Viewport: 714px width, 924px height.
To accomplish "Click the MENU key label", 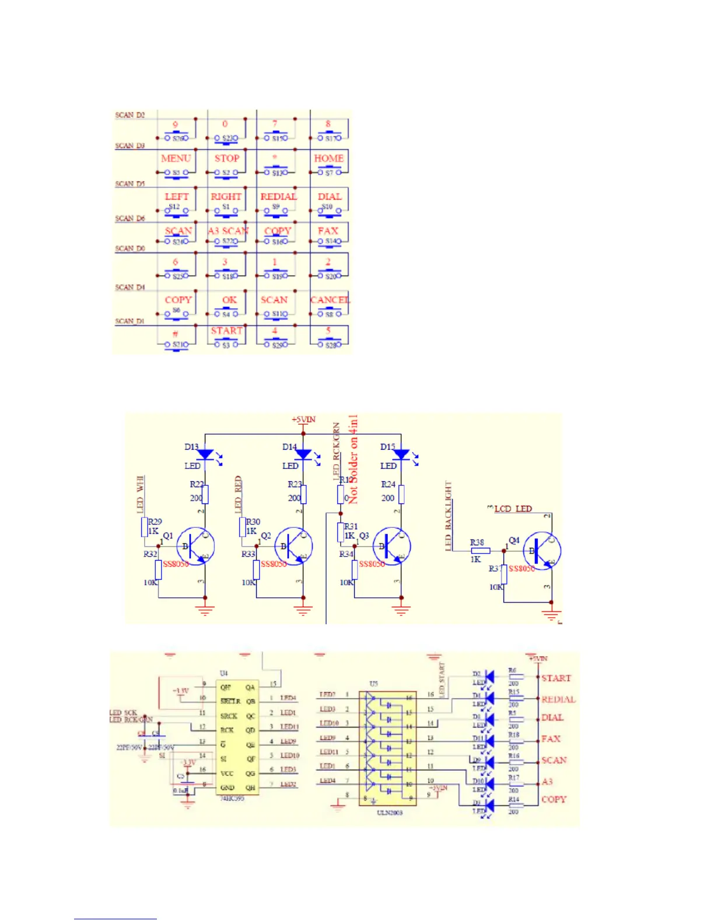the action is pyautogui.click(x=176, y=158).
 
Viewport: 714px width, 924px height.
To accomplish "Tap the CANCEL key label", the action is pyautogui.click(x=330, y=300).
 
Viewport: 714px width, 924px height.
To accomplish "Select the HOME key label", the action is pyautogui.click(x=329, y=158).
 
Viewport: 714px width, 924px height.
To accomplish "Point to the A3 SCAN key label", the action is pyautogui.click(x=228, y=231).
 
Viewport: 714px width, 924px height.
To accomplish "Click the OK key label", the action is pyautogui.click(x=229, y=300).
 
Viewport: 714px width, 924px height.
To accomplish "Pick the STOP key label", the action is pyautogui.click(x=227, y=158).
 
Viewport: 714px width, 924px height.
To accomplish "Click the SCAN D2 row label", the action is pyautogui.click(x=129, y=115).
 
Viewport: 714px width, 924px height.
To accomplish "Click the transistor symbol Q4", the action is pyautogui.click(x=542, y=551).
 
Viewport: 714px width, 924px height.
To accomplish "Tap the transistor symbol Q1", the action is pyautogui.click(x=195, y=546).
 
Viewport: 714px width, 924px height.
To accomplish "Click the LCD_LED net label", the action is pyautogui.click(x=513, y=509).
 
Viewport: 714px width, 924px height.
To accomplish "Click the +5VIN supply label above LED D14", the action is pyautogui.click(x=303, y=419).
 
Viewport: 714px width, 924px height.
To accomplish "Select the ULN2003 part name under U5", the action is pyautogui.click(x=389, y=812).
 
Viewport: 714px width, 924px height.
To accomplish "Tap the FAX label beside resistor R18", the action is pyautogui.click(x=551, y=738).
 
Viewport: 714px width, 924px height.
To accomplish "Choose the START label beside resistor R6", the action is pyautogui.click(x=556, y=678).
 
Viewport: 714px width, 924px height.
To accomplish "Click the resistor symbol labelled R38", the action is pyautogui.click(x=480, y=550).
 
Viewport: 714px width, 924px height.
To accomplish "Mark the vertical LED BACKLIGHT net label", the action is pyautogui.click(x=448, y=516).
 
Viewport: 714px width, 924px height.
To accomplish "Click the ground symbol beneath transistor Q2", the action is pyautogui.click(x=303, y=610).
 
